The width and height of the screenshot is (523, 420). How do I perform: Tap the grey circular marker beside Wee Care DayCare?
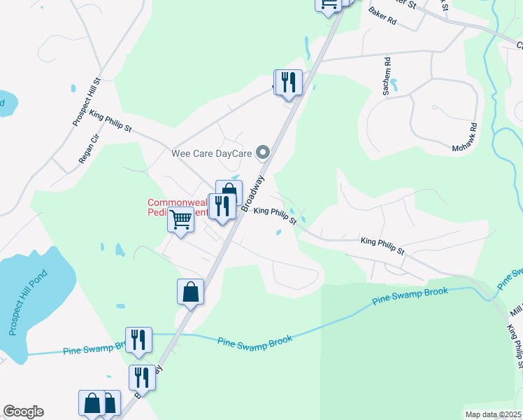point(263,152)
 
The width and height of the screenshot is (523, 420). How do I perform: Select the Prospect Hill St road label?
point(87,102)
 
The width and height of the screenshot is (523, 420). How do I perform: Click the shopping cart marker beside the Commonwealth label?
point(181,220)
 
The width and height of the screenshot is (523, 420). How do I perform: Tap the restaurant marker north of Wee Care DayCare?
point(288,83)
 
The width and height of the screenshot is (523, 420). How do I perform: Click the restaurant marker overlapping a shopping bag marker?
point(222,206)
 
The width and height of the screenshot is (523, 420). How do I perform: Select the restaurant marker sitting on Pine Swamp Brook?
point(138,340)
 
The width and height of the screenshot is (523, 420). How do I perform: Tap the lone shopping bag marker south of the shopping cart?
point(191,291)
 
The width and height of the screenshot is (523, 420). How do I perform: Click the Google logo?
point(23,412)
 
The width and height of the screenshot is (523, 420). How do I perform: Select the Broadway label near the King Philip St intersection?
point(253,193)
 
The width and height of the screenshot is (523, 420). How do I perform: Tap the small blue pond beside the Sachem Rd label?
point(394,86)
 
